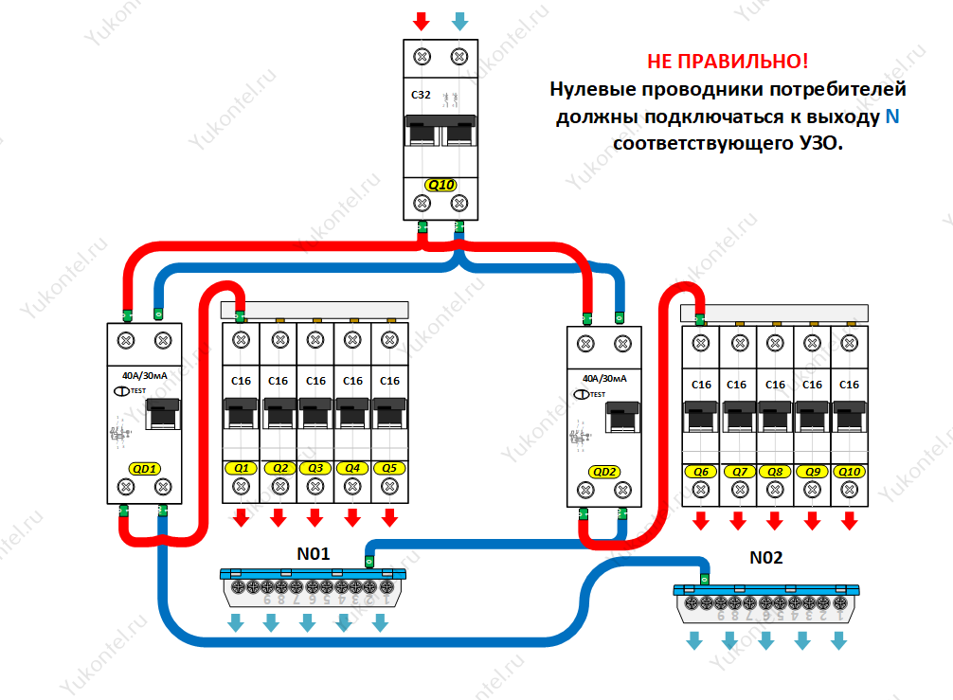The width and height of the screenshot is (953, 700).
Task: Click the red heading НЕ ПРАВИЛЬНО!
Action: pyautogui.click(x=728, y=62)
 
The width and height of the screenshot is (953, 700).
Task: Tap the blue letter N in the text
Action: pyautogui.click(x=892, y=117)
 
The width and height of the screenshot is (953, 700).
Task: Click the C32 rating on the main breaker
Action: pyautogui.click(x=421, y=95)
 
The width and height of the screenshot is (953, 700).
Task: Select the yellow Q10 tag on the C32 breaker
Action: pyautogui.click(x=441, y=185)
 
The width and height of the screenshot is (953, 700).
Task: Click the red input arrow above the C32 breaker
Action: pyautogui.click(x=422, y=21)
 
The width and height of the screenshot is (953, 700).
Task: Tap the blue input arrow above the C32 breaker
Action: pyautogui.click(x=460, y=21)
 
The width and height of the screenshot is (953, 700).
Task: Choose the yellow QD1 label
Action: pyautogui.click(x=145, y=469)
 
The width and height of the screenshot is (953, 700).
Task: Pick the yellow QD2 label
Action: pyautogui.click(x=604, y=472)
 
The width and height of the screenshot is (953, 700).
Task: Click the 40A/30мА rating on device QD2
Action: pyautogui.click(x=604, y=379)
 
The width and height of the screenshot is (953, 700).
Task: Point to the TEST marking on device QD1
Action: pyautogui.click(x=138, y=390)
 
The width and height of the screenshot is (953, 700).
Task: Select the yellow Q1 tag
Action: pyautogui.click(x=242, y=468)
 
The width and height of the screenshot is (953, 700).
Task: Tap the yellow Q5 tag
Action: pyautogui.click(x=389, y=468)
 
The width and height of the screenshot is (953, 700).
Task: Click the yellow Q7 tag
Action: pyautogui.click(x=740, y=472)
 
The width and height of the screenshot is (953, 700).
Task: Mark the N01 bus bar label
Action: pyautogui.click(x=313, y=554)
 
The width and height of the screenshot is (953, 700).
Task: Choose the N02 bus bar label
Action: pyautogui.click(x=765, y=558)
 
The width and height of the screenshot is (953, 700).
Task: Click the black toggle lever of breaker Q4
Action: pyautogui.click(x=352, y=413)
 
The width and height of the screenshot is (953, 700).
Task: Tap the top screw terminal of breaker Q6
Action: pyautogui.click(x=701, y=343)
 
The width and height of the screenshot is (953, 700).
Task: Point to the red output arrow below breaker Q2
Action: pyautogui.click(x=279, y=518)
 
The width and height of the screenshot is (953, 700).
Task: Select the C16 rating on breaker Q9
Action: pyautogui.click(x=812, y=385)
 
